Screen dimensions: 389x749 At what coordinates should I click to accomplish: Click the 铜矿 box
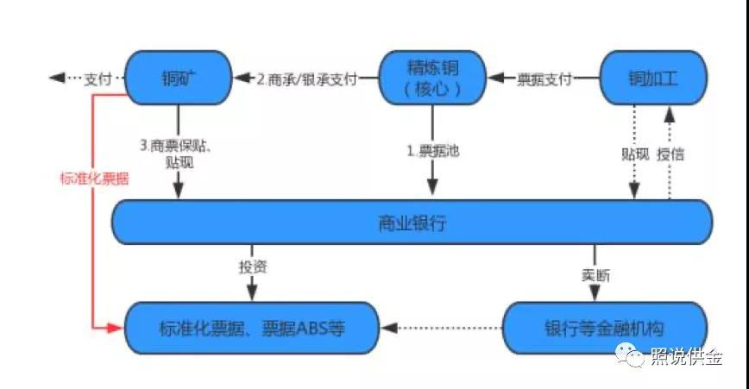(x=179, y=78)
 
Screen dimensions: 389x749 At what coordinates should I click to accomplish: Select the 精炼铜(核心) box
(x=432, y=78)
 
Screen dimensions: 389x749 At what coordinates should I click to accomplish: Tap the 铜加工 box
(x=653, y=78)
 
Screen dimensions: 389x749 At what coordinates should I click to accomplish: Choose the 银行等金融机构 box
(x=605, y=328)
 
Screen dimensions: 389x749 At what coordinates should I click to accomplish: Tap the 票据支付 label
(x=544, y=78)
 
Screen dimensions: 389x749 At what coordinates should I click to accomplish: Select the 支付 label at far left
(x=98, y=78)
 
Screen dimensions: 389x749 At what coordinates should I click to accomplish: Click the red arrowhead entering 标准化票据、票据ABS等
(x=117, y=328)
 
